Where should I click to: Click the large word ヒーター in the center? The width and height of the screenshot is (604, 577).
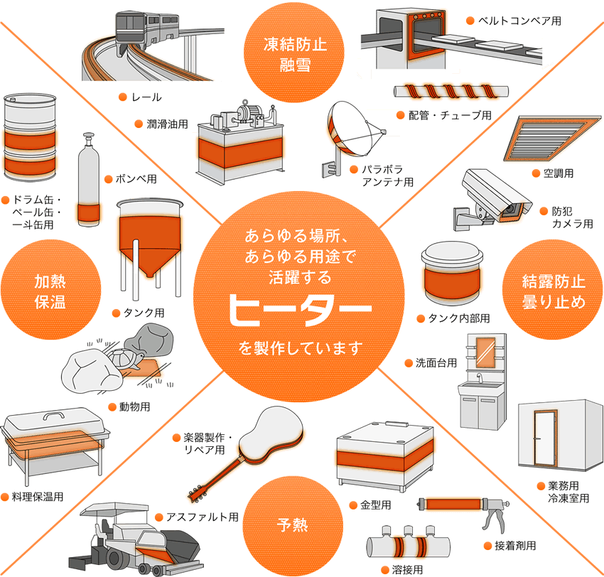(x=301, y=311)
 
